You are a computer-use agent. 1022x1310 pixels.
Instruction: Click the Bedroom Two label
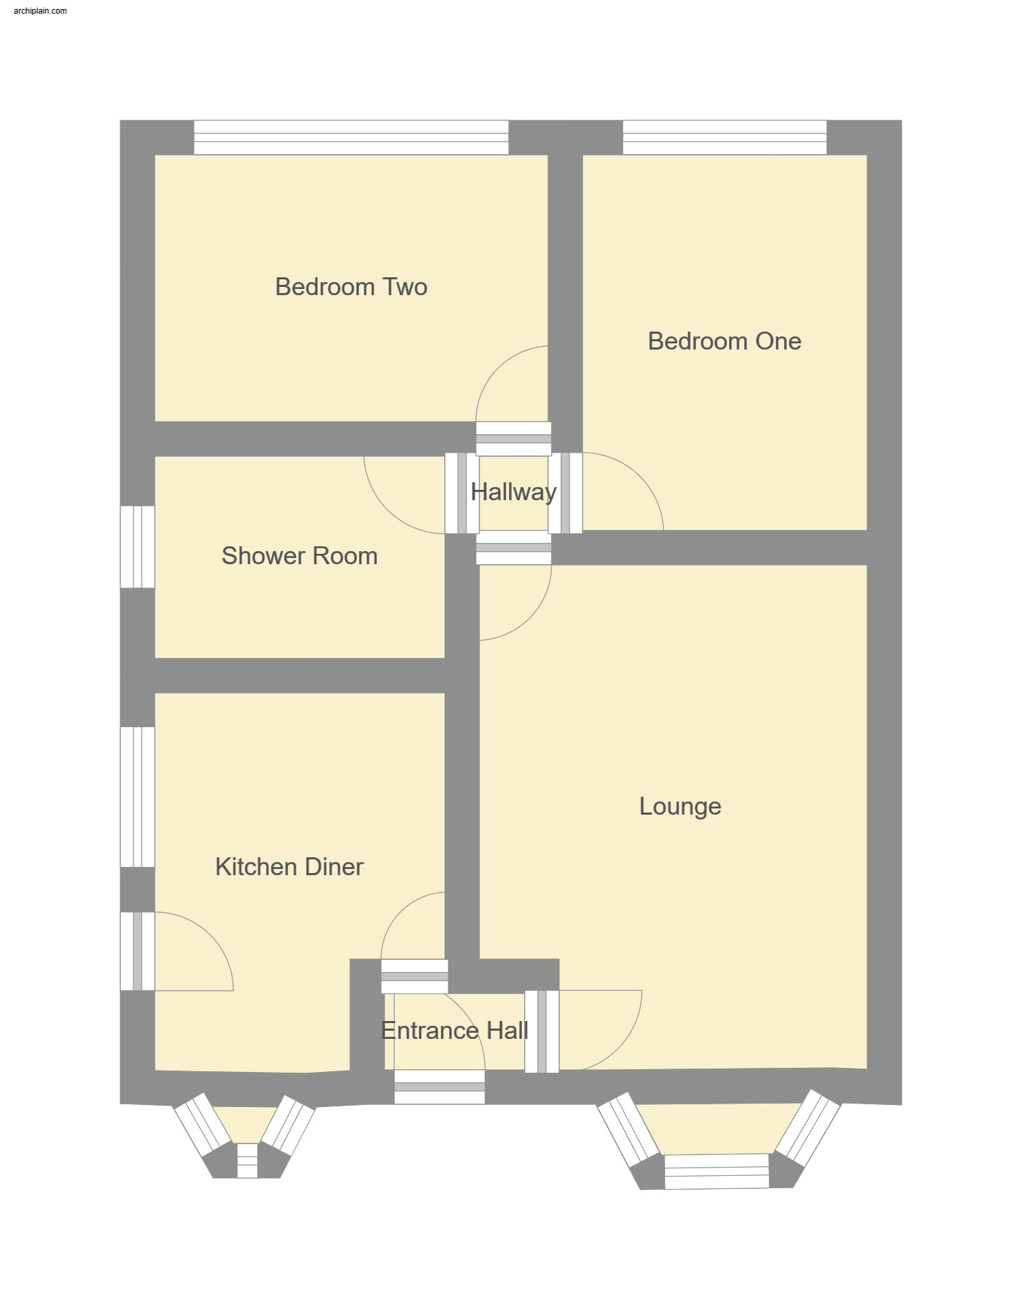(351, 287)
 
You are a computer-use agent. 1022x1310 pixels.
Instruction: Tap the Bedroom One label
(724, 341)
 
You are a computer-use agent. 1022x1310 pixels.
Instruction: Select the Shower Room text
(299, 556)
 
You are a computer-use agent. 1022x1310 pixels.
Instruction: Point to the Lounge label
(679, 806)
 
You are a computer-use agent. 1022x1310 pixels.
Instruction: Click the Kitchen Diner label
(289, 867)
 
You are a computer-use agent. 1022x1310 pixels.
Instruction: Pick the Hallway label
(513, 492)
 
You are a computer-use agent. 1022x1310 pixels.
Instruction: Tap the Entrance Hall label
(454, 1031)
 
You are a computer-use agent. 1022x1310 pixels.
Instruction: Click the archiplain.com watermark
(40, 11)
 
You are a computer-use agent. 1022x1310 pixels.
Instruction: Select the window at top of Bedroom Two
(351, 138)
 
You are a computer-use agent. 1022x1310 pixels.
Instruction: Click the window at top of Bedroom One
(724, 138)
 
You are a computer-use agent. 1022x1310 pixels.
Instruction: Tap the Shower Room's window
(138, 547)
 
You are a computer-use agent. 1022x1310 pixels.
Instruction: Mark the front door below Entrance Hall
(439, 1087)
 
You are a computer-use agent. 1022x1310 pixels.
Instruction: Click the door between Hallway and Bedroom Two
(513, 439)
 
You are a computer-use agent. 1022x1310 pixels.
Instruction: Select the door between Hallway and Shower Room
(461, 493)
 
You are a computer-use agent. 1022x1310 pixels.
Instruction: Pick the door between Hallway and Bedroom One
(565, 493)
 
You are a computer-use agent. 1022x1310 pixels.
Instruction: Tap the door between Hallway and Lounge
(513, 548)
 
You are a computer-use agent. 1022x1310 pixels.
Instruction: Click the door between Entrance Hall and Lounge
(542, 1031)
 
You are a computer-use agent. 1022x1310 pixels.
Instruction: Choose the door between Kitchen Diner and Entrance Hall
(415, 976)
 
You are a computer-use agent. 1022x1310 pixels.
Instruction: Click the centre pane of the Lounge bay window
(716, 1172)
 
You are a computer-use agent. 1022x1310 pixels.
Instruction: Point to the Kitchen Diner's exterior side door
(138, 952)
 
